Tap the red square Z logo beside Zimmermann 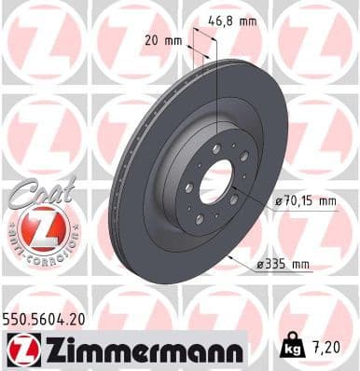click(21, 350)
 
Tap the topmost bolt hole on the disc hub click(216, 149)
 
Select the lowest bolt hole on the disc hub click(199, 218)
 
